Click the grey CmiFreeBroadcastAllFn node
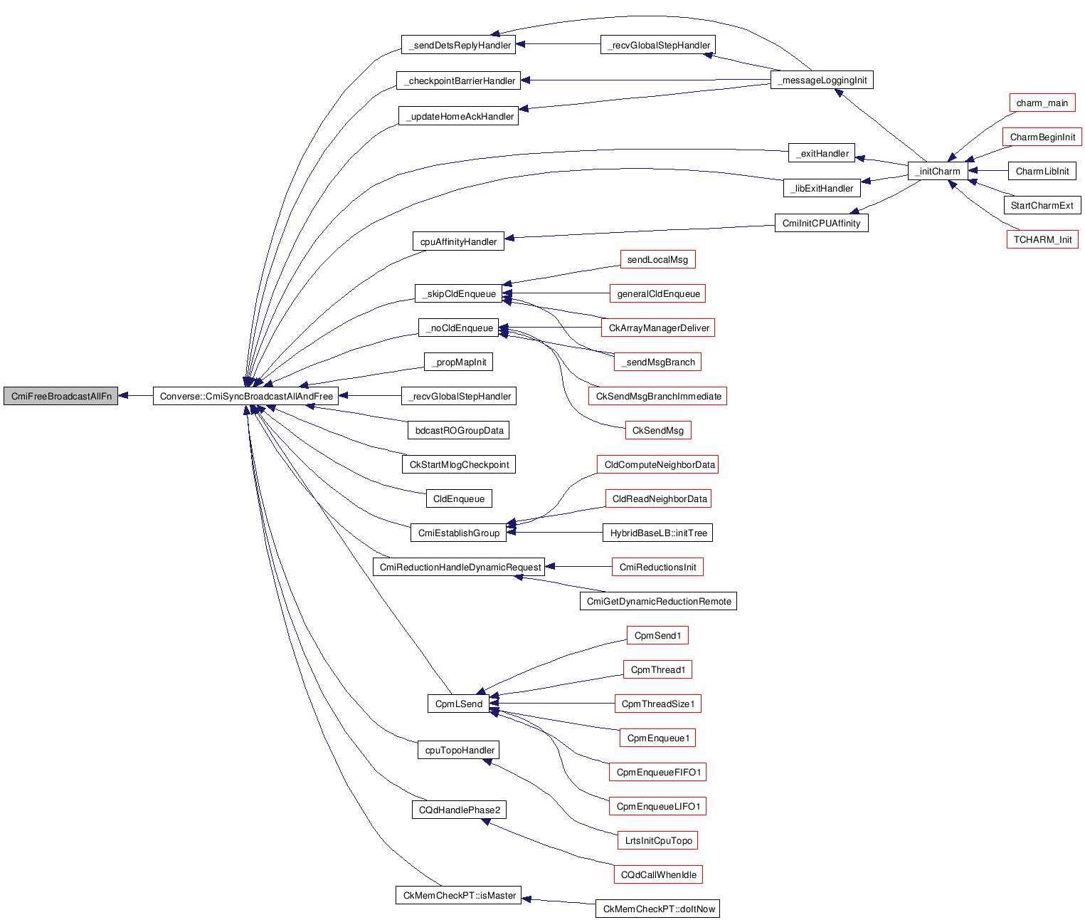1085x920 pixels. tap(61, 396)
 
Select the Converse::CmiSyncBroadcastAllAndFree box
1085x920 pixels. tap(246, 396)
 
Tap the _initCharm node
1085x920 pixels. tap(938, 171)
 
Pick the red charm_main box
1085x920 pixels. tap(1042, 103)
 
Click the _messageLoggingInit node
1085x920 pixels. tap(822, 80)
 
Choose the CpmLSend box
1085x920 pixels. tap(459, 704)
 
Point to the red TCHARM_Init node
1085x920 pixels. tap(1042, 239)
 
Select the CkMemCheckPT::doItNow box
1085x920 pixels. tap(658, 909)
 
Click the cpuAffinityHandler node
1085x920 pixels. tap(458, 241)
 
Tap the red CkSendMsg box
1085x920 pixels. tap(657, 430)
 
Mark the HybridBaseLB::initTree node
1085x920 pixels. tap(658, 533)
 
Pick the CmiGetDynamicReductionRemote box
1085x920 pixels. tap(658, 601)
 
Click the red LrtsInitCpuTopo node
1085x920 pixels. tap(658, 840)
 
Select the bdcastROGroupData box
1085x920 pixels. tap(459, 430)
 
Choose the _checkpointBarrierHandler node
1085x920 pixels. tap(459, 80)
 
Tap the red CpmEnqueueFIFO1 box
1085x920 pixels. tap(658, 772)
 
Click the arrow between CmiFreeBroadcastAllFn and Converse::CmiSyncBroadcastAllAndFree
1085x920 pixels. tap(135, 396)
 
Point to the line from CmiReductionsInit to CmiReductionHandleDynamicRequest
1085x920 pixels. tap(578, 567)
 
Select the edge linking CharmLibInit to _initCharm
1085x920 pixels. tap(988, 171)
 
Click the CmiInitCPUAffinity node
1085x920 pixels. tap(821, 223)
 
